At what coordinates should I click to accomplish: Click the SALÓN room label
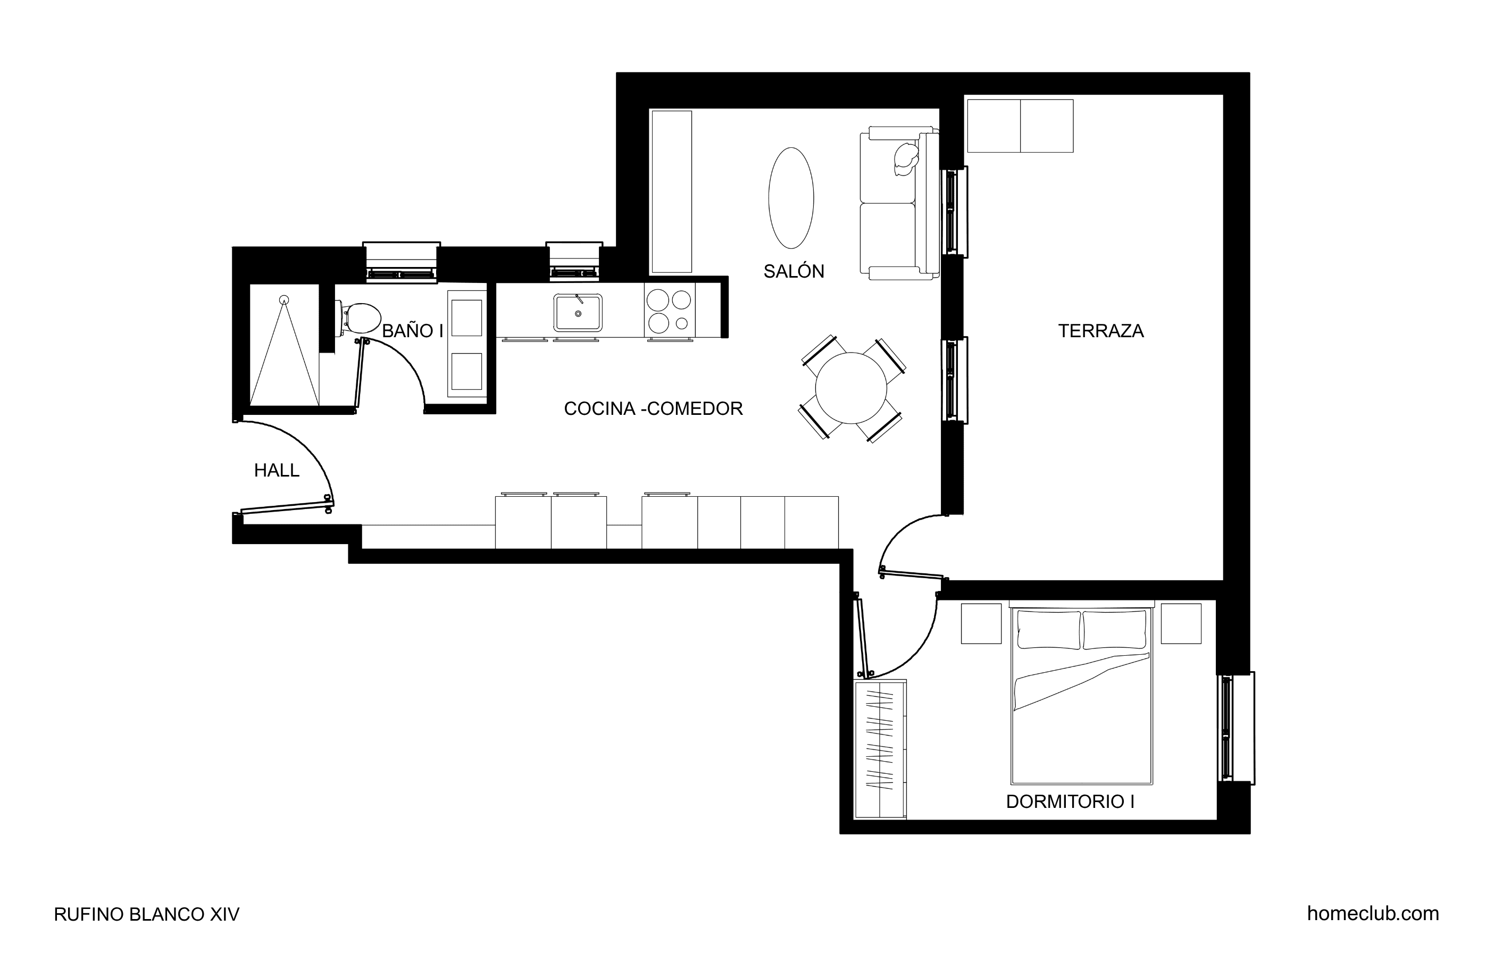[794, 271]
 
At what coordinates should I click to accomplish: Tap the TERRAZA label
[1101, 330]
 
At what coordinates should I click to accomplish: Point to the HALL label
[277, 470]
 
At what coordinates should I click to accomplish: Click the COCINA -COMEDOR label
[653, 408]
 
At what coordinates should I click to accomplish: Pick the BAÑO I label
[412, 331]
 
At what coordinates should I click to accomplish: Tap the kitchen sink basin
[578, 312]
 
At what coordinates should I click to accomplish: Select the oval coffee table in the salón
[791, 198]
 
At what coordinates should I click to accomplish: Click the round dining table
[851, 388]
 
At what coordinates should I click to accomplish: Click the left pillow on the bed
[1049, 630]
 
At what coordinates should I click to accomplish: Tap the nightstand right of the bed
[1181, 623]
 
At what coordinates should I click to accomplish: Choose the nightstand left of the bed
[981, 623]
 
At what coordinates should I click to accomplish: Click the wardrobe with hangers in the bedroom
[880, 749]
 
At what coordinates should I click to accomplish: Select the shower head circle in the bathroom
[284, 300]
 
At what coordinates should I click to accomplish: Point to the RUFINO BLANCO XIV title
[147, 914]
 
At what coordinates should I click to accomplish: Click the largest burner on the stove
[658, 301]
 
